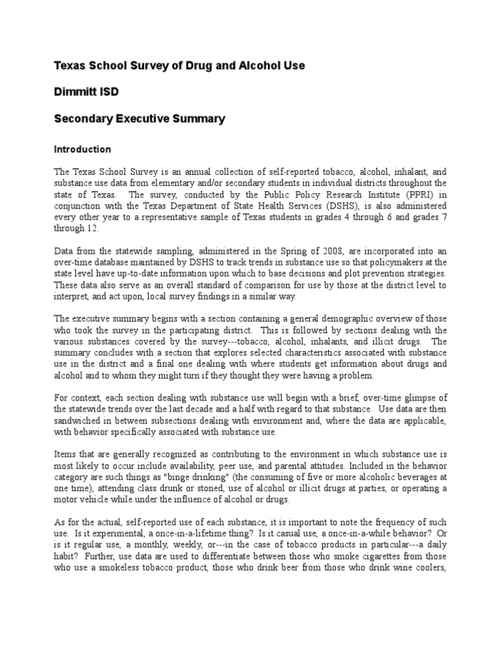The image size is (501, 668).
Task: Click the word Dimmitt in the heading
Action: click(75, 92)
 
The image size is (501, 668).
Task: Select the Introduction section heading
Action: click(82, 149)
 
